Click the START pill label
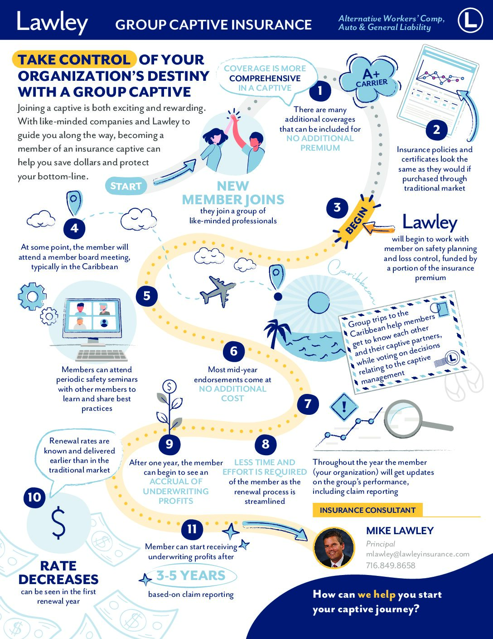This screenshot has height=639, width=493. tap(126, 186)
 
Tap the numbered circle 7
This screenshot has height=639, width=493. tap(308, 404)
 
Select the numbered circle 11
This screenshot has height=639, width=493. tap(192, 529)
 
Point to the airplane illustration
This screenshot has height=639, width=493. tap(217, 291)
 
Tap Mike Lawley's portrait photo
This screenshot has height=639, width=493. tap(334, 547)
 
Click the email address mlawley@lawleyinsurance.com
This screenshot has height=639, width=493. tap(417, 554)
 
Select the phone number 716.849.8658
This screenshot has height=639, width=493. tap(391, 565)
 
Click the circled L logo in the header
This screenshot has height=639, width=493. tap(470, 20)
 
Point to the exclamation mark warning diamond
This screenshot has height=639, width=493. tap(344, 407)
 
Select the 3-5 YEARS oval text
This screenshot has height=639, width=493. tap(191, 575)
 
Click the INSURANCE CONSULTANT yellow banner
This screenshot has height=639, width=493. tap(367, 510)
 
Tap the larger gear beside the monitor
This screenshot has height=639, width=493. tap(32, 296)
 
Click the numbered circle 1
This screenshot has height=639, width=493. tap(320, 90)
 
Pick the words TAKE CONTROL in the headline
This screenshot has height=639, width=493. tap(74, 59)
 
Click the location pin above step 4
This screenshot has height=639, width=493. tap(74, 202)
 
